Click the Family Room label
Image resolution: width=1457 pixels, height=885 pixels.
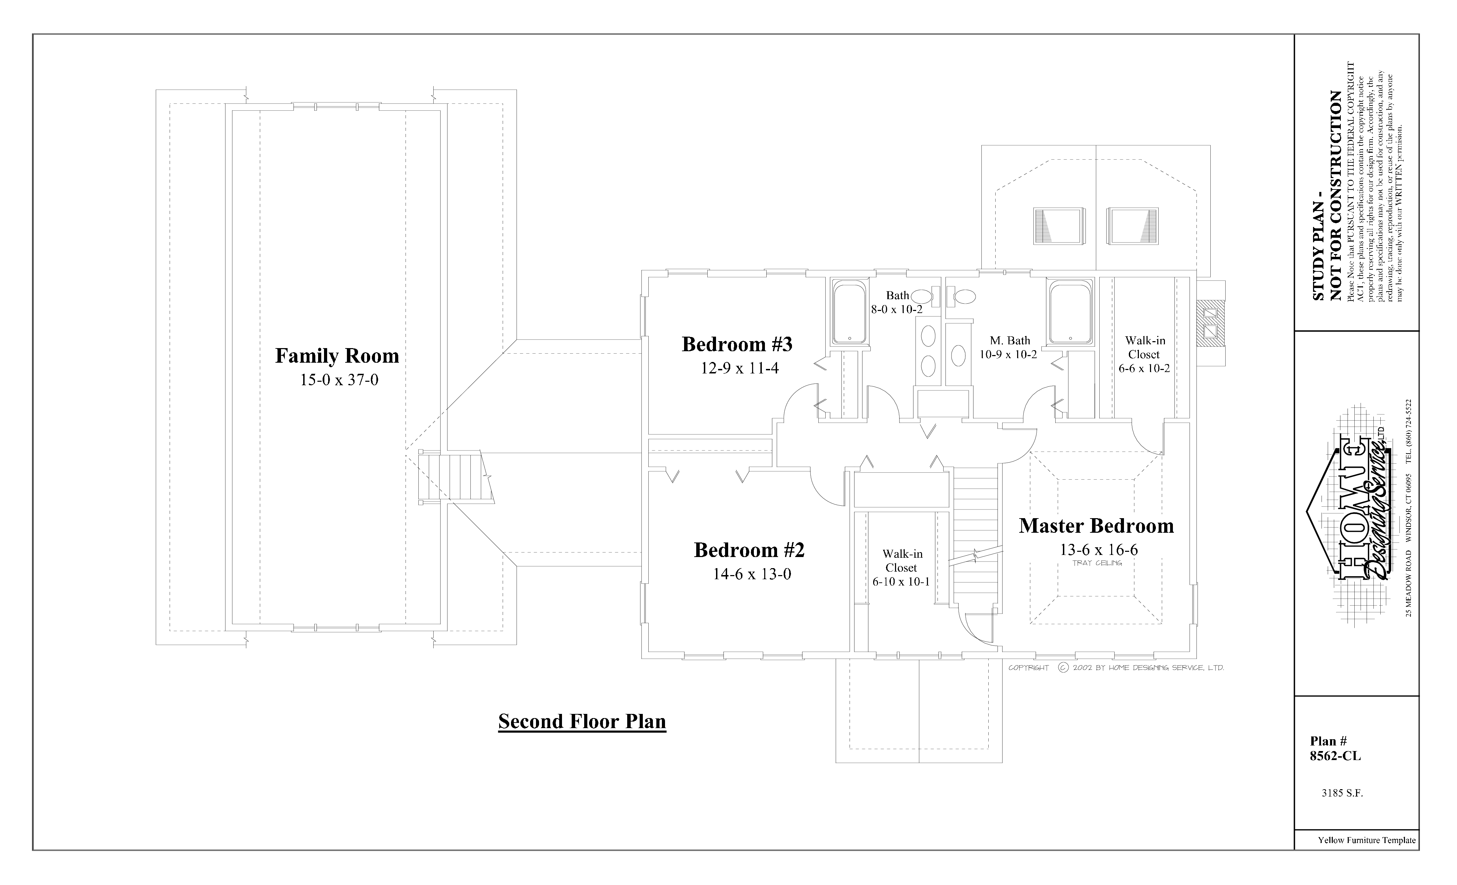(337, 355)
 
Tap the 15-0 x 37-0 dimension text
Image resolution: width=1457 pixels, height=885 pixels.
(339, 380)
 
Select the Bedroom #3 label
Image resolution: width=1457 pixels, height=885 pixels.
(737, 344)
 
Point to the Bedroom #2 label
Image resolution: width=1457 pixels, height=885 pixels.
(749, 550)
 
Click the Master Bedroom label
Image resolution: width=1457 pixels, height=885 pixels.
(1096, 526)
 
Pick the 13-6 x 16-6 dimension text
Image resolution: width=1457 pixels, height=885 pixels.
(1098, 550)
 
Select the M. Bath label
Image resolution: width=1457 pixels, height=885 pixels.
(1010, 341)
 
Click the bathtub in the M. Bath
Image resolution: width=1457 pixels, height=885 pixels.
(1070, 312)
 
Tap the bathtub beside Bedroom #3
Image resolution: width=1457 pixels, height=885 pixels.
(849, 312)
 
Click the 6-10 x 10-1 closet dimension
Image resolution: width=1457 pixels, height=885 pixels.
(901, 582)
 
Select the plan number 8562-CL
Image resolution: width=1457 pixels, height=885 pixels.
(1335, 756)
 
